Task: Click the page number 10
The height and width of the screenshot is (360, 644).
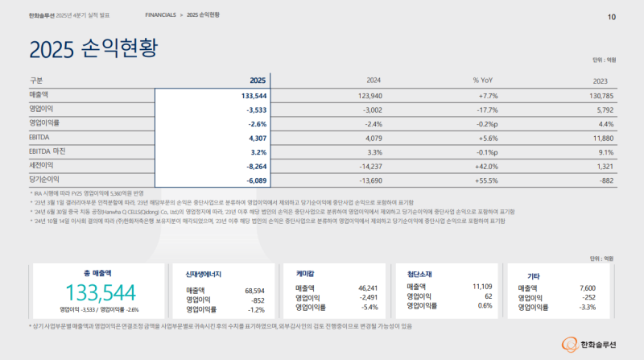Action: point(611,17)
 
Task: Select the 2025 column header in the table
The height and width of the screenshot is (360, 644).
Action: point(257,81)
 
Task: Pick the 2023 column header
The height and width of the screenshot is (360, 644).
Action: point(600,81)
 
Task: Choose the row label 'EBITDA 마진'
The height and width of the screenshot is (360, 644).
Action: point(50,151)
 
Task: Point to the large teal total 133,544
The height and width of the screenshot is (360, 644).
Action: point(99,292)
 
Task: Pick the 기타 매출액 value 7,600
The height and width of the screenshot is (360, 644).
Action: point(588,288)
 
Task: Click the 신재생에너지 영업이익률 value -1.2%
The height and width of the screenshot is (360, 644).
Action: point(256,308)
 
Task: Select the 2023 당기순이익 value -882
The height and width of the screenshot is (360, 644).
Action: point(605,179)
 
